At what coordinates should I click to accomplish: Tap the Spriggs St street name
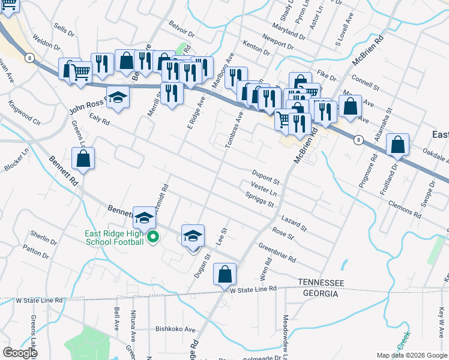[259, 199]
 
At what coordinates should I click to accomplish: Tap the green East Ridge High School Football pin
[152, 238]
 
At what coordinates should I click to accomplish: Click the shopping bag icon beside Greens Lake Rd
[83, 159]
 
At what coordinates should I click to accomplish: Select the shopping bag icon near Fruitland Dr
[397, 145]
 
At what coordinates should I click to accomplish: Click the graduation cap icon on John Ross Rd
[118, 99]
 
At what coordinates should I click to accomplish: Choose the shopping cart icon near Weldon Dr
[80, 73]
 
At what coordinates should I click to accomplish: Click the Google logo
[19, 353]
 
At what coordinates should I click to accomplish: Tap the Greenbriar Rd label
[277, 253]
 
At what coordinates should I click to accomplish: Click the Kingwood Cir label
[24, 112]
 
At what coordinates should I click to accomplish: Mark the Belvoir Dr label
[182, 31]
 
